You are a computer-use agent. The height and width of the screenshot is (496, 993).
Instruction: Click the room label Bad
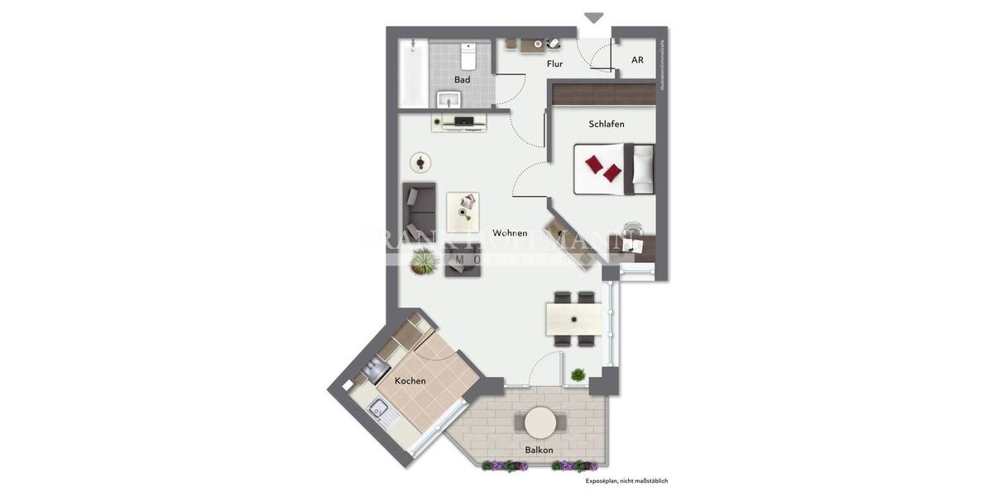[x=462, y=79]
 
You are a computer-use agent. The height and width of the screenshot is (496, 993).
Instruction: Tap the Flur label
[x=554, y=64]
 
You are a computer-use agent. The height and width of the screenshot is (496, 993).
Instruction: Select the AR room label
[x=637, y=60]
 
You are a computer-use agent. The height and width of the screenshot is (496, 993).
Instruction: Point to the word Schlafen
[x=606, y=124]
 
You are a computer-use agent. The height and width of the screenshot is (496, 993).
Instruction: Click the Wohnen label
[x=510, y=233]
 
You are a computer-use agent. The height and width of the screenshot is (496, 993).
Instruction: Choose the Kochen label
[x=410, y=381]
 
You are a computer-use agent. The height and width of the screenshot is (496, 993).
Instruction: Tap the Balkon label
[x=539, y=451]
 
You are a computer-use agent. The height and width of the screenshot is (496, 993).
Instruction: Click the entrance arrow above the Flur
[x=594, y=17]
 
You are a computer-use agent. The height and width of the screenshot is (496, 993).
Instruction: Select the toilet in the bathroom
[x=468, y=56]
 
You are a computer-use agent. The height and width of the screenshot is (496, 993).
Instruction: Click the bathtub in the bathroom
[x=412, y=75]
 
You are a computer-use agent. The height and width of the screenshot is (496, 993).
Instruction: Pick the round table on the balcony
[x=540, y=422]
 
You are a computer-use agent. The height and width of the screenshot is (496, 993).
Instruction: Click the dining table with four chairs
[x=574, y=318]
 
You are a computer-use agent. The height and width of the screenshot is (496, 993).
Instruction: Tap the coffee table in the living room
[x=463, y=212]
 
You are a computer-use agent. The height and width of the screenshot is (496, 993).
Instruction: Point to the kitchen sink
[x=381, y=408]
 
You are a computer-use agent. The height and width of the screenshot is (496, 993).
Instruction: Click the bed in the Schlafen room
[x=614, y=169]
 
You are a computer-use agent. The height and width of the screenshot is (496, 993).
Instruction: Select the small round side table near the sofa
[x=422, y=163]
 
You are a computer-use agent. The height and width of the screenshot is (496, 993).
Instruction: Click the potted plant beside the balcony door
[x=578, y=375]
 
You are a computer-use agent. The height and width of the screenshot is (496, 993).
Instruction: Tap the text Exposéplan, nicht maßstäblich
[x=626, y=480]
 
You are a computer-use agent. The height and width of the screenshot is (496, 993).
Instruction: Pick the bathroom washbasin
[x=449, y=101]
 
